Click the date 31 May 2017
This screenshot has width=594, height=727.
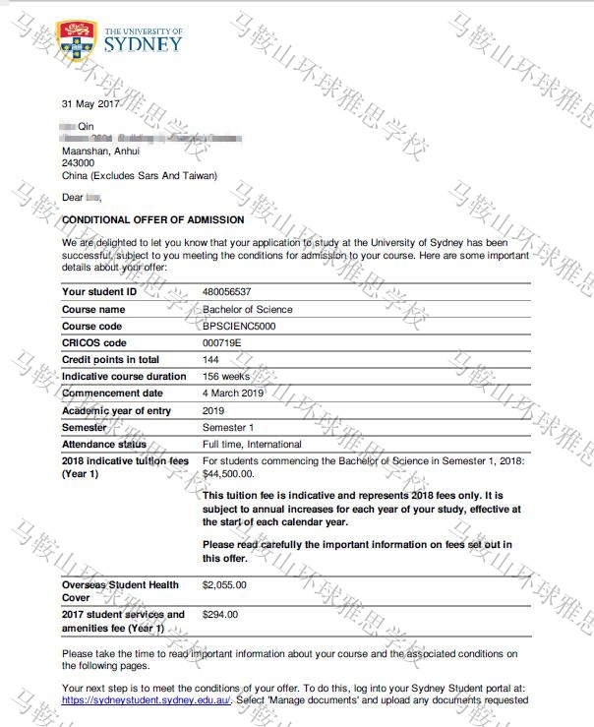pyautogui.click(x=90, y=103)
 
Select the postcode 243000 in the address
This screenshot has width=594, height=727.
pyautogui.click(x=79, y=163)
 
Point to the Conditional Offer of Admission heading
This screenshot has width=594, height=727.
pyautogui.click(x=138, y=221)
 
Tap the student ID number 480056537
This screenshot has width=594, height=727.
pyautogui.click(x=226, y=292)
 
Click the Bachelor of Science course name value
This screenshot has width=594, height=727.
pyautogui.click(x=247, y=310)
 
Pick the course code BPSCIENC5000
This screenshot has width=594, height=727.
pyautogui.click(x=239, y=327)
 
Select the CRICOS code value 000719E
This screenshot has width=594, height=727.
pyautogui.click(x=221, y=343)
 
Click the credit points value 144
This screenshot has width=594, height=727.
pyautogui.click(x=210, y=360)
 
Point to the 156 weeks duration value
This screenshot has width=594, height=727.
pyautogui.click(x=225, y=377)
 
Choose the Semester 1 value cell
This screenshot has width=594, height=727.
pyautogui.click(x=228, y=427)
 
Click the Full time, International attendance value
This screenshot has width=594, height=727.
pyautogui.click(x=252, y=445)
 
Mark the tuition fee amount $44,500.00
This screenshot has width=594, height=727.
pyautogui.click(x=227, y=474)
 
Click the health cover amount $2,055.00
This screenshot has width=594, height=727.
pyautogui.click(x=224, y=585)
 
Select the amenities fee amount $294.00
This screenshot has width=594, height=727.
pyautogui.click(x=219, y=615)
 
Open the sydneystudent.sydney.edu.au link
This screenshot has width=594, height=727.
pyautogui.click(x=146, y=700)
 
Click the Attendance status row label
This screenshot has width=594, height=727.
pyautogui.click(x=104, y=445)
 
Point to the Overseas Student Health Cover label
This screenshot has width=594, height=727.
pyautogui.click(x=120, y=591)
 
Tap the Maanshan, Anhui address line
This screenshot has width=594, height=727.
pyautogui.click(x=100, y=151)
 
